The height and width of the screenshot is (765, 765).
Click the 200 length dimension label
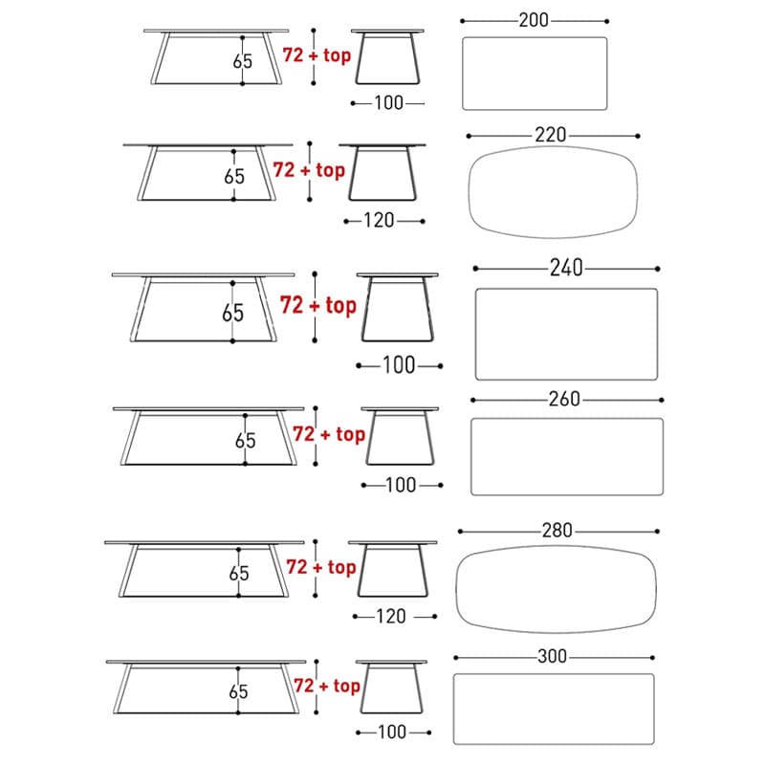point(534,20)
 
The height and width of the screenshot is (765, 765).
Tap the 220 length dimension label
point(551,135)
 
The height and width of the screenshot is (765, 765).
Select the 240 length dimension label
point(566,268)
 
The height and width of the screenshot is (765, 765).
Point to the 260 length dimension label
point(564,399)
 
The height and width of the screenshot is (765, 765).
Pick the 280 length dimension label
point(557,531)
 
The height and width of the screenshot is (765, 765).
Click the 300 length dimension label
point(553,656)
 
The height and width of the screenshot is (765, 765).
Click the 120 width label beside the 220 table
point(379,221)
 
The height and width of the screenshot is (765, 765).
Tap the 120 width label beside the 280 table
point(391,616)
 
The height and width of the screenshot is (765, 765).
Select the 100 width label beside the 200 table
point(389,103)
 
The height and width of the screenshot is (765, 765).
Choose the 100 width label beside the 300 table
point(392,732)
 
